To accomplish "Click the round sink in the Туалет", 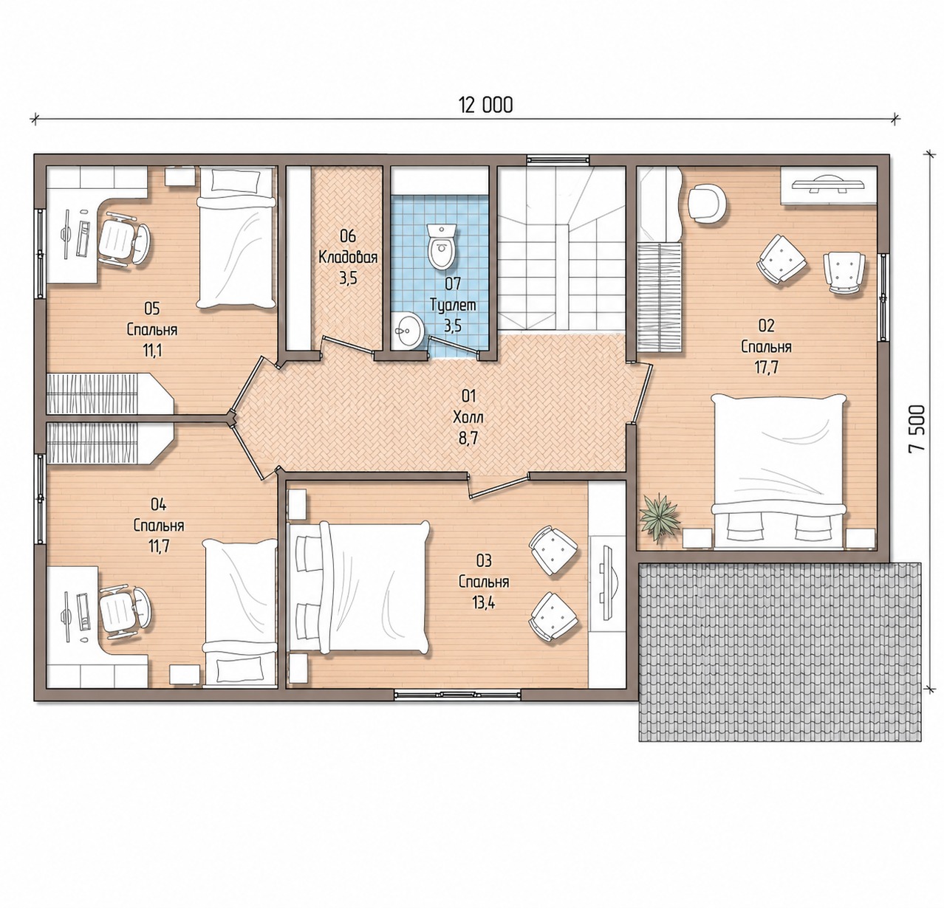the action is click(408, 330).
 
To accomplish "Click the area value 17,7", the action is click(767, 368).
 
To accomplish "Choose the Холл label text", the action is click(468, 417).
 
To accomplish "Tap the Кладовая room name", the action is click(348, 258).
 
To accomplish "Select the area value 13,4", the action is click(484, 603).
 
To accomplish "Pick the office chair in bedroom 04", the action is click(123, 614).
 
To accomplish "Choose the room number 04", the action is click(159, 505).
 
